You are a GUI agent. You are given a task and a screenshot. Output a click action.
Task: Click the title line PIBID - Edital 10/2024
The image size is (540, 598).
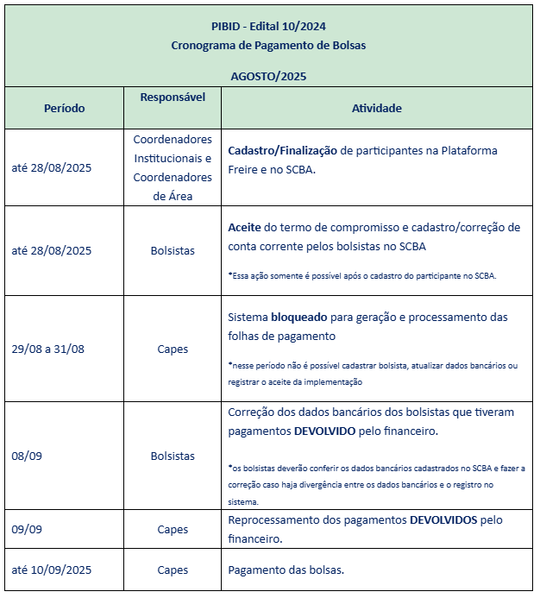point(268,26)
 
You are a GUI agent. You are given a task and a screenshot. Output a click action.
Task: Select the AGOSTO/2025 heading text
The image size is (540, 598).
point(268,76)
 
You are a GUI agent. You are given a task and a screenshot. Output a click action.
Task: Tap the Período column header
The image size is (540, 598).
point(64,109)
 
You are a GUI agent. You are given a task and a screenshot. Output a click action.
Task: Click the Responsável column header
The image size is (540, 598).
point(173,97)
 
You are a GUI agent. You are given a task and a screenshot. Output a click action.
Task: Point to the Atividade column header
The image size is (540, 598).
point(376,109)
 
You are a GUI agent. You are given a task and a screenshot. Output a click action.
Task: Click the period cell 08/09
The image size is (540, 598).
point(27,456)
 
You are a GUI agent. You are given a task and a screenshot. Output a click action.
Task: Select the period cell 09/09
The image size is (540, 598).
point(27,529)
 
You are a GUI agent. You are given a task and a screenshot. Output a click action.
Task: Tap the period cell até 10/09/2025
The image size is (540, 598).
point(52,570)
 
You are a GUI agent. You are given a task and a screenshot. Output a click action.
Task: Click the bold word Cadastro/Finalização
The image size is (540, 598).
point(282,150)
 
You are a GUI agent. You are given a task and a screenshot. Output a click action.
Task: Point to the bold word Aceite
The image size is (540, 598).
point(244,227)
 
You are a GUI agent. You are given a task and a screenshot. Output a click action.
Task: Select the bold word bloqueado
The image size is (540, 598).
point(299,317)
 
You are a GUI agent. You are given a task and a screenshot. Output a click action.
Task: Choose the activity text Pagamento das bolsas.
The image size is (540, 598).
point(286,570)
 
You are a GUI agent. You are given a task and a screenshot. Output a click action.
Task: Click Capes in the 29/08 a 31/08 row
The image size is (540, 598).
point(173,349)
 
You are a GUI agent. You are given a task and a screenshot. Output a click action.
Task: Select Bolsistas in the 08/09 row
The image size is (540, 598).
point(173,456)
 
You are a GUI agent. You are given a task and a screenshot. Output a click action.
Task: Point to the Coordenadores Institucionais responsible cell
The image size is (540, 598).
point(173,167)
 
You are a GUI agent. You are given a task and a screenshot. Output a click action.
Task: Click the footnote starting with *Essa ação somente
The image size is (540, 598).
point(362,276)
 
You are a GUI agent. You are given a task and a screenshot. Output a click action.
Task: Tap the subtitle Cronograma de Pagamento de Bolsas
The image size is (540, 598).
point(268,45)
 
